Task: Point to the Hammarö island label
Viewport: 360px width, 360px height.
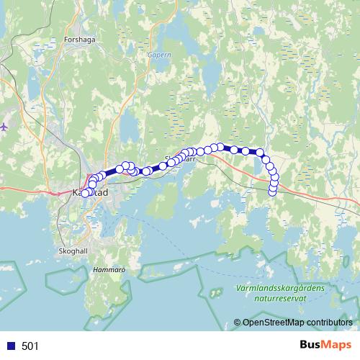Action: pyautogui.click(x=109, y=270)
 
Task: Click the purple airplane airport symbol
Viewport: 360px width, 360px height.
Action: pyautogui.click(x=5, y=127)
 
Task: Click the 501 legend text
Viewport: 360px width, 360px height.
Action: pyautogui.click(x=30, y=346)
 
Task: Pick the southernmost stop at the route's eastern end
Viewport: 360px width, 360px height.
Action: pyautogui.click(x=272, y=192)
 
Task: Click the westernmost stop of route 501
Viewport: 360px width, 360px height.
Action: pyautogui.click(x=84, y=193)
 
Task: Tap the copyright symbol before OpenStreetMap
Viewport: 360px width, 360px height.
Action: pyautogui.click(x=238, y=323)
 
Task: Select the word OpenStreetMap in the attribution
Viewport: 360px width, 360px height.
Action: pyautogui.click(x=273, y=323)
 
